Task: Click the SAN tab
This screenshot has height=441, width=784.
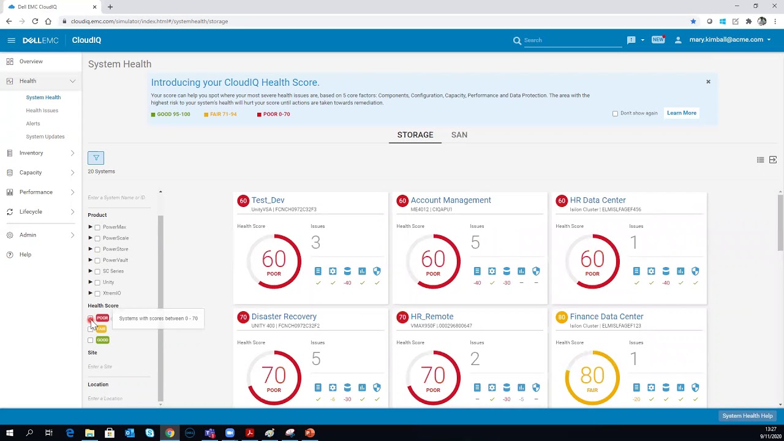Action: (459, 135)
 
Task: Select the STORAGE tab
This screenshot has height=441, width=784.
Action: (415, 135)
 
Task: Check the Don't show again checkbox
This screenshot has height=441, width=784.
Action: (615, 113)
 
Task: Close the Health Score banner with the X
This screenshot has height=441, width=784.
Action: (708, 81)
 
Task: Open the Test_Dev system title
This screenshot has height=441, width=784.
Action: (268, 200)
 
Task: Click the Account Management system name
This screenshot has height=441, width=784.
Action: (450, 200)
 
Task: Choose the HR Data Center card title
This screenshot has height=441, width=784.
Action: (597, 200)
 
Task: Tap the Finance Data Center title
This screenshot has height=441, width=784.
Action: (606, 317)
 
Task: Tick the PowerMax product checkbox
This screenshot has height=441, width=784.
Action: (97, 227)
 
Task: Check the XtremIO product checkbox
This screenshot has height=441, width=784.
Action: (97, 293)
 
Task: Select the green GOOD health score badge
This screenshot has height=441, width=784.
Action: (102, 340)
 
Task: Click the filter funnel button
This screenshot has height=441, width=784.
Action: (96, 158)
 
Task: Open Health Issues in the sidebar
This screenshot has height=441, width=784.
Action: (42, 110)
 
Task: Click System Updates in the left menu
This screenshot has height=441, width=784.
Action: (45, 137)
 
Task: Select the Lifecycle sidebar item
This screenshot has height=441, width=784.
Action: (31, 212)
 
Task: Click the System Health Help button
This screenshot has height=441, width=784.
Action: (747, 416)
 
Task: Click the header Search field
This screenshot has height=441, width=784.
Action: (570, 40)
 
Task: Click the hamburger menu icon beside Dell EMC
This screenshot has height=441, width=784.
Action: (11, 40)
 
